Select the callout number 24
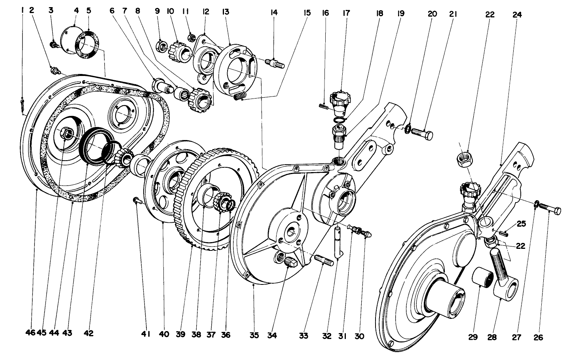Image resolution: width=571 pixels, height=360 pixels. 517,15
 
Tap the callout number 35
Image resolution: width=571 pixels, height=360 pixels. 254,335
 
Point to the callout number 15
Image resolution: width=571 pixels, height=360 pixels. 307,13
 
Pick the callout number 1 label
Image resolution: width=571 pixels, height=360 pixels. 23,10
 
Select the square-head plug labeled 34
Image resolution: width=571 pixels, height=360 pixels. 289,262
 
